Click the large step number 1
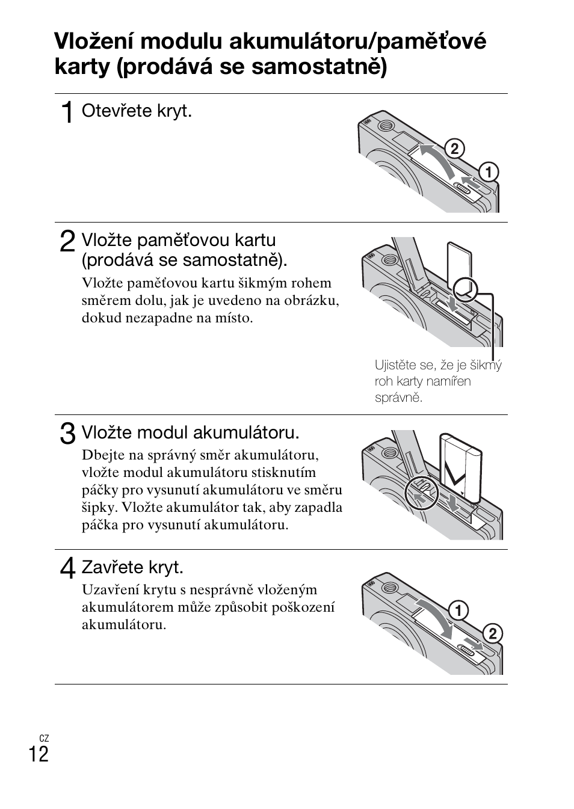pyautogui.click(x=68, y=112)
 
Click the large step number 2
pyautogui.click(x=68, y=241)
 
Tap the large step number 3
pyautogui.click(x=68, y=434)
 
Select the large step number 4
pyautogui.click(x=68, y=568)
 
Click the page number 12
pyautogui.click(x=39, y=754)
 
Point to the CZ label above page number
pyautogui.click(x=44, y=738)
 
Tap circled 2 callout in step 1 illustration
pyautogui.click(x=455, y=149)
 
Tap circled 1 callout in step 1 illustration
pyautogui.click(x=488, y=173)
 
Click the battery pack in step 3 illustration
pyautogui.click(x=461, y=466)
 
